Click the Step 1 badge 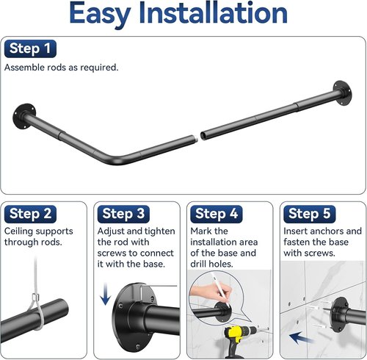pos(30,48)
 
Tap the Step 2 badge pos(30,214)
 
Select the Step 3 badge pos(123,214)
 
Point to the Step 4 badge pos(217,214)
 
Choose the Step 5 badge pos(310,214)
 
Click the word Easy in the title pos(100,13)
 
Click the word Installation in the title pos(213,12)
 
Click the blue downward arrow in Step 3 pos(106,294)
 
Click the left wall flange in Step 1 pos(23,116)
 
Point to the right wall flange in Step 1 pos(343,93)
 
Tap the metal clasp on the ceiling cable pos(36,298)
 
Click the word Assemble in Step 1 pos(24,68)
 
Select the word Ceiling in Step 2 pos(18,231)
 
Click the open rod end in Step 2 pos(64,306)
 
